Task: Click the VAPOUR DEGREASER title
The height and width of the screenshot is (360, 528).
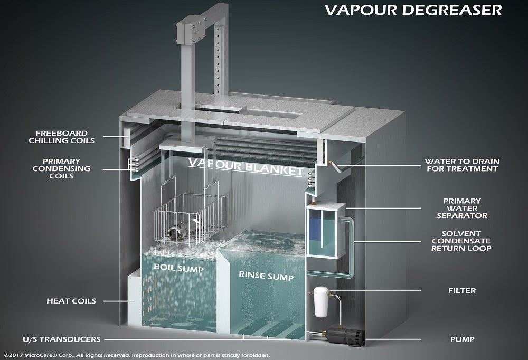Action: (x=413, y=10)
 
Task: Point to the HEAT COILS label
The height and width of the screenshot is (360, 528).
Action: (x=71, y=301)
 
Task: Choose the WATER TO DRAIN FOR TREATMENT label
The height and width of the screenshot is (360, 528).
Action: (x=461, y=165)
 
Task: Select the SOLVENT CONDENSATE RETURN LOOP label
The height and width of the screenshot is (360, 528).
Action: (x=461, y=241)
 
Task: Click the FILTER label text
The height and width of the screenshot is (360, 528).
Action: (x=461, y=290)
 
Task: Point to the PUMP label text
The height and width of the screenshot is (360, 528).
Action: (x=463, y=339)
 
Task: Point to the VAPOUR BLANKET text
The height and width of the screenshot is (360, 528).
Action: (x=246, y=167)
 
